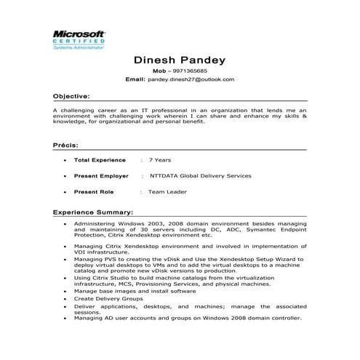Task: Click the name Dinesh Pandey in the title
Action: (180, 60)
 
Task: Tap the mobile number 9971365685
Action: (189, 71)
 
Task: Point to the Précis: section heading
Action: (66, 145)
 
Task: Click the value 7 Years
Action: (160, 159)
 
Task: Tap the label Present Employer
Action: (101, 175)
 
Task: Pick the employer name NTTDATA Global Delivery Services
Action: (201, 175)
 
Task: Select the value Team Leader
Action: (167, 192)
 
